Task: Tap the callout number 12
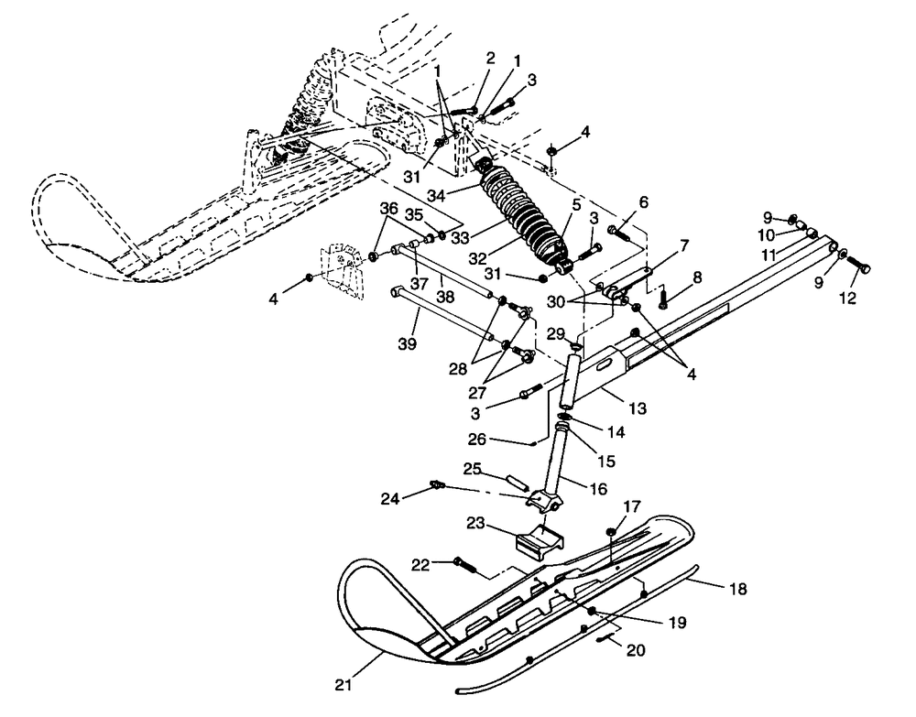tap(848, 299)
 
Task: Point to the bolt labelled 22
tap(464, 565)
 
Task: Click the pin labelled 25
tap(517, 480)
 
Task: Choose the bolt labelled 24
tap(438, 484)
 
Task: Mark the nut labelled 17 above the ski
tap(609, 532)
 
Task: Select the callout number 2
tap(490, 58)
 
